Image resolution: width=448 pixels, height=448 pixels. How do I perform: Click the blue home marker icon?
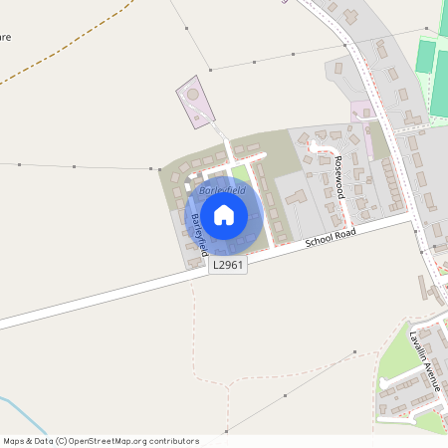(x=224, y=214)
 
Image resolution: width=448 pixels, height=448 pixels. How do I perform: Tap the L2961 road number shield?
(x=227, y=265)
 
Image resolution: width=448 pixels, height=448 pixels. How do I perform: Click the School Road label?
(x=331, y=238)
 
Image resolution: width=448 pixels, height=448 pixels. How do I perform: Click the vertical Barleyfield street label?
(x=199, y=231)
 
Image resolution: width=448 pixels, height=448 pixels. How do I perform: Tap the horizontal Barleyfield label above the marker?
(x=221, y=189)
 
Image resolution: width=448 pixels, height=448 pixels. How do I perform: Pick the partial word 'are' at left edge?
(x=5, y=38)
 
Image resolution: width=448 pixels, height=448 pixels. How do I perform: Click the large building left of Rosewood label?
(x=296, y=197)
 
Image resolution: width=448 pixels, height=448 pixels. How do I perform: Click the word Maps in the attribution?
(x=14, y=440)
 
